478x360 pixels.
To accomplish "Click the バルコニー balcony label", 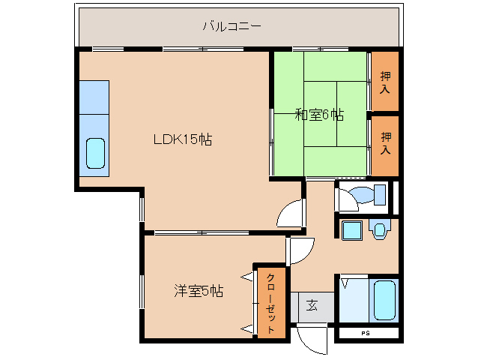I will click(232, 26).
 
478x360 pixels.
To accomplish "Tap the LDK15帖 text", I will click(182, 139).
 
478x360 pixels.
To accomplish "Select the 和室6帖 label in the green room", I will click(318, 115).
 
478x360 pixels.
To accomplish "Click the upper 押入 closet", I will click(385, 82).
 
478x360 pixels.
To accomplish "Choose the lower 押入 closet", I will click(385, 143).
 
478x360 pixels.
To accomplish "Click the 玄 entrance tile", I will click(311, 306).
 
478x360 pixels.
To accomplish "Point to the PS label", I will click(366, 333).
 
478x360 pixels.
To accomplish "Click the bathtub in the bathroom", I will click(384, 300).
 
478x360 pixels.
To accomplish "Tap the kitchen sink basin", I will click(95, 153).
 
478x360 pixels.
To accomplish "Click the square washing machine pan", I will click(351, 230).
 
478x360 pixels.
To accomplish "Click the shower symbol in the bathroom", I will click(345, 284).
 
